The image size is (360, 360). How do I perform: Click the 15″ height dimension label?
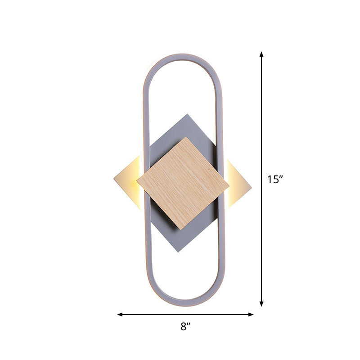(x=274, y=180)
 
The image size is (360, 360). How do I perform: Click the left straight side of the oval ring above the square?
(x=145, y=112)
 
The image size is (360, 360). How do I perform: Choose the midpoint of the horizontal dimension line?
(x=185, y=314)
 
